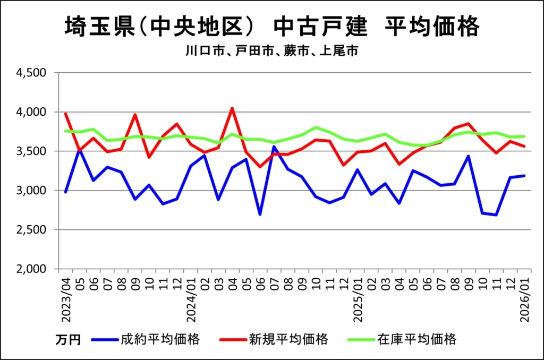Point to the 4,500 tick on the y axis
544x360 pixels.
(x=33, y=72)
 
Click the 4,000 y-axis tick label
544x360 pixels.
(x=33, y=112)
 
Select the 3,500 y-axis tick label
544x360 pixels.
(x=33, y=151)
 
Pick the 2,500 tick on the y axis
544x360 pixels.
(x=33, y=229)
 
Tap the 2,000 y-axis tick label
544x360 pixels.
(x=33, y=269)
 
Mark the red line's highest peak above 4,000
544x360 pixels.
(x=232, y=108)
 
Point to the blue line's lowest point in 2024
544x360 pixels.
(x=260, y=215)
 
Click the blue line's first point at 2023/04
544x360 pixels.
(x=65, y=192)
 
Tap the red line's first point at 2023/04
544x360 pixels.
(x=65, y=113)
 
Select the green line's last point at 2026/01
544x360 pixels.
(x=524, y=136)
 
